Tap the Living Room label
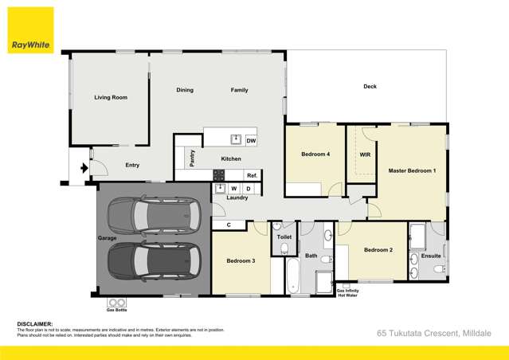[x=111, y=98]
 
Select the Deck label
[x=370, y=87]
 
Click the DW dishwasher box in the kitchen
[x=251, y=141]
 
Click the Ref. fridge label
[x=252, y=175]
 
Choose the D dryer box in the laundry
[x=249, y=189]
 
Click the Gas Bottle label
[x=116, y=310]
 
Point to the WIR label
[x=365, y=155]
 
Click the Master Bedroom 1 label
[x=412, y=171]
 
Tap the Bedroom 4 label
[x=315, y=155]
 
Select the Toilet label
[x=284, y=237]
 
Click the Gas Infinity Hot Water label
[x=347, y=293]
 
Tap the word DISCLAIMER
[x=35, y=324]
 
